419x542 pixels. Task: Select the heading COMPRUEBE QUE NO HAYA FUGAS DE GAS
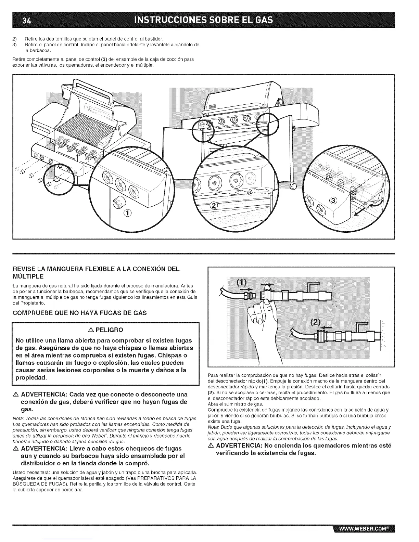coord(80,313)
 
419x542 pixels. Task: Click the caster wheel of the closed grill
coord(293,186)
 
